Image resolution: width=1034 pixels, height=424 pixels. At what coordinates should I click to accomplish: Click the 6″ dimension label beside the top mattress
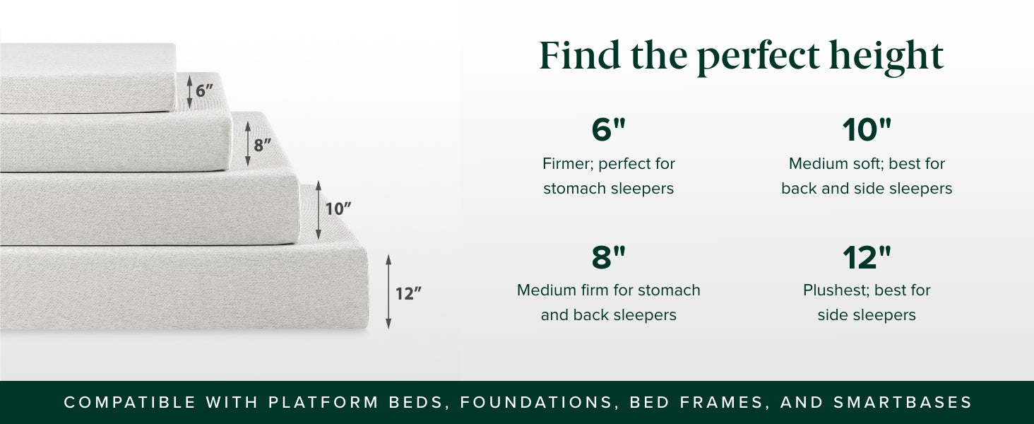click(x=204, y=91)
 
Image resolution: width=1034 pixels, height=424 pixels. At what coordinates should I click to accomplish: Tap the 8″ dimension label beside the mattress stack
click(x=262, y=145)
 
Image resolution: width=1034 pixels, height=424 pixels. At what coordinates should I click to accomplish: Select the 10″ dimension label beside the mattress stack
click(x=338, y=209)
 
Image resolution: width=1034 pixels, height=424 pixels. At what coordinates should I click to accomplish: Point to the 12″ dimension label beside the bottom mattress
click(x=408, y=294)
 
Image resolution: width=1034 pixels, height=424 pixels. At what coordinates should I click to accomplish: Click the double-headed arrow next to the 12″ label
click(x=388, y=291)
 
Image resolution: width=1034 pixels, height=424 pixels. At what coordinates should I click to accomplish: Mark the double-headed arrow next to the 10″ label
click(x=318, y=210)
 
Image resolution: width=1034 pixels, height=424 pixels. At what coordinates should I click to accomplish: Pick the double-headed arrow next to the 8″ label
click(x=248, y=143)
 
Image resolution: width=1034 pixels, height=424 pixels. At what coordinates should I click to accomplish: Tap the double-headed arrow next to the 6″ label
click(x=189, y=92)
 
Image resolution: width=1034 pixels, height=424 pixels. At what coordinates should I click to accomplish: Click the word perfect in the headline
click(x=759, y=58)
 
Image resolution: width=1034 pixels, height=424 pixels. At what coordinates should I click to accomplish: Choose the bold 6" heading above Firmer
click(x=608, y=129)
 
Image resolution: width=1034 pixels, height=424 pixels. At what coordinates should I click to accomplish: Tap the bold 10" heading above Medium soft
click(x=867, y=129)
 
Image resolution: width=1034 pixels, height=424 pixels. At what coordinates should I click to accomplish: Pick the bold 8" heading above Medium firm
click(x=608, y=257)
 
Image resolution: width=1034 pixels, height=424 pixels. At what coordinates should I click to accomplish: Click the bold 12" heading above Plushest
click(x=867, y=257)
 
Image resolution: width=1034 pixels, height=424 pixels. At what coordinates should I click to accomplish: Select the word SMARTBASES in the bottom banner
click(x=903, y=402)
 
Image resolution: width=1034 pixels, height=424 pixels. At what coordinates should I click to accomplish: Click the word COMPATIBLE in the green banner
click(x=130, y=402)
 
